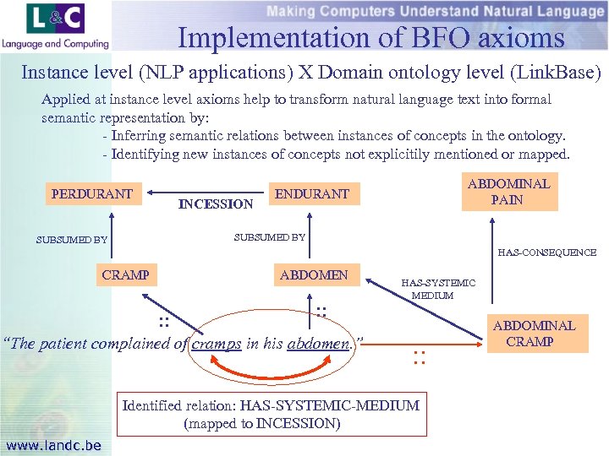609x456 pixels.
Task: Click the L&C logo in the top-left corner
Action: click(x=56, y=25)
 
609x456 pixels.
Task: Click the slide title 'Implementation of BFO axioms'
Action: click(x=370, y=38)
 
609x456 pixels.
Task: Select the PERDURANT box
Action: click(x=92, y=194)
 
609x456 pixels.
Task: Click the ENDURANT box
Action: click(x=314, y=194)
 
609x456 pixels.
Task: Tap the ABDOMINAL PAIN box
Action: click(x=508, y=192)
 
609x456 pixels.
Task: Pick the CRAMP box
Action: click(x=125, y=274)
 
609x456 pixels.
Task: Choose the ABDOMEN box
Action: click(x=314, y=274)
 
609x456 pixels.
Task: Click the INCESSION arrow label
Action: click(x=215, y=204)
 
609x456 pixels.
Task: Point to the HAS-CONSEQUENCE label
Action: click(x=546, y=252)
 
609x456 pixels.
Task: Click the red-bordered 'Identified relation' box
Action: click(x=271, y=414)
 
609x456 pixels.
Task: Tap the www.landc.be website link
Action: click(x=53, y=445)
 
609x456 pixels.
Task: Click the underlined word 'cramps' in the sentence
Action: click(x=216, y=344)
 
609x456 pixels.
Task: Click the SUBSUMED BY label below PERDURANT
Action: click(x=72, y=240)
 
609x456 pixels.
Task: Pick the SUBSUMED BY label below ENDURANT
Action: click(x=269, y=236)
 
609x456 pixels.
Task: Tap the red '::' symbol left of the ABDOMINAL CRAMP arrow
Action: click(x=417, y=357)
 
